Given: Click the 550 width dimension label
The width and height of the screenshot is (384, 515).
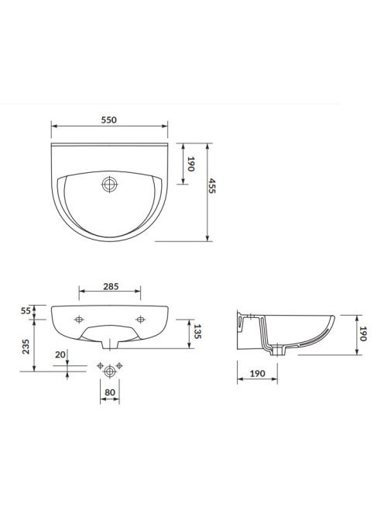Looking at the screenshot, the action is (x=109, y=120).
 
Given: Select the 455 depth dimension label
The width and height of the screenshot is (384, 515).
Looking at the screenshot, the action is (x=212, y=186).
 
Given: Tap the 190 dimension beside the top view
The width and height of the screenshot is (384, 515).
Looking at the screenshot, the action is (x=190, y=164).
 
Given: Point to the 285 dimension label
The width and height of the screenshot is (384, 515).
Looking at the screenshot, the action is (x=111, y=286).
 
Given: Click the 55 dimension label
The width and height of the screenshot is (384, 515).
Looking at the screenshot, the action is (x=26, y=310).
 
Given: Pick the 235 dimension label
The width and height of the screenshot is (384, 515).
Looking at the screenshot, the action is (x=26, y=347).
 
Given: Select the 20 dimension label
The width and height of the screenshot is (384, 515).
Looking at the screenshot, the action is (x=60, y=354).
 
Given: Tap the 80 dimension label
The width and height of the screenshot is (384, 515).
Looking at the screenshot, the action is (x=110, y=392).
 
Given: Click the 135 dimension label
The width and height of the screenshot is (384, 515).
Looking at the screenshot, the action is (x=197, y=332).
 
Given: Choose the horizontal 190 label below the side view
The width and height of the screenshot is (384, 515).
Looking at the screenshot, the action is (x=258, y=373).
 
